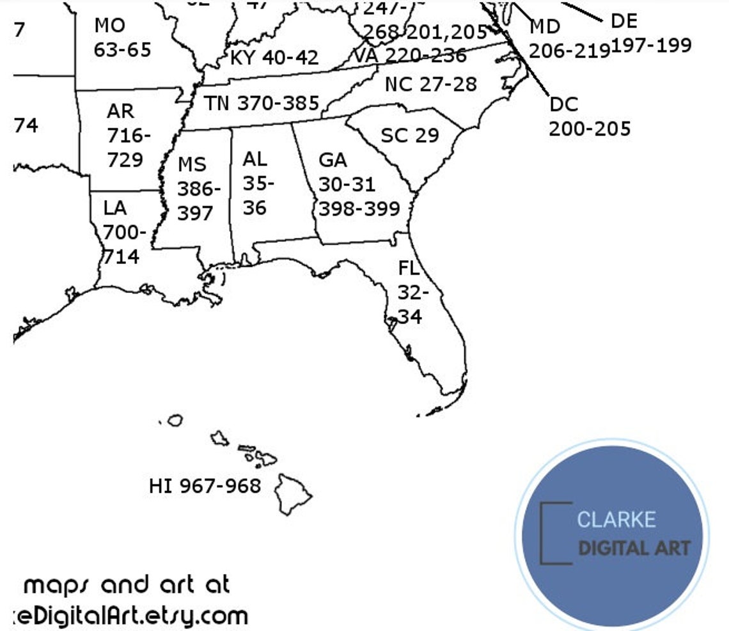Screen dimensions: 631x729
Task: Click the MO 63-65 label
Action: tap(122, 37)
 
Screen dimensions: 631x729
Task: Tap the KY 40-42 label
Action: tap(274, 58)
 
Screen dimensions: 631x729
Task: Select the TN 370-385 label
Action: tap(262, 103)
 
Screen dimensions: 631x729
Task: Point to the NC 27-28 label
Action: tap(430, 84)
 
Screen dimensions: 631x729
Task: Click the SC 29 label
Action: tap(410, 136)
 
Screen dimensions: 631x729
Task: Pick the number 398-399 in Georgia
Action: tap(359, 208)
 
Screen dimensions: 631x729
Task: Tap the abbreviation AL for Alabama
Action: tap(255, 160)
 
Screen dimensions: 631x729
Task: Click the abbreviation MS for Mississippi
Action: tap(192, 165)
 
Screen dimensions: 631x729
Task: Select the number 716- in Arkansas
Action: tap(129, 136)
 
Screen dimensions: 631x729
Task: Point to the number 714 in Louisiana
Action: tap(121, 256)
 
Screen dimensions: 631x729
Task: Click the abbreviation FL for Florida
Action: tap(409, 267)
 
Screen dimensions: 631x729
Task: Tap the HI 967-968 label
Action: tap(205, 487)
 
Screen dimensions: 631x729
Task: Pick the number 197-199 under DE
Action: tap(652, 45)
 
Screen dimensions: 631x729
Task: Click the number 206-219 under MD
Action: tap(569, 51)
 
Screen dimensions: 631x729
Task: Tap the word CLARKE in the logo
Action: tap(616, 519)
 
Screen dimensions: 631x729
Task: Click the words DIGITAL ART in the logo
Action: tap(634, 548)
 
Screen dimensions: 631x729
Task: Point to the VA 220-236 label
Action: tap(411, 56)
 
